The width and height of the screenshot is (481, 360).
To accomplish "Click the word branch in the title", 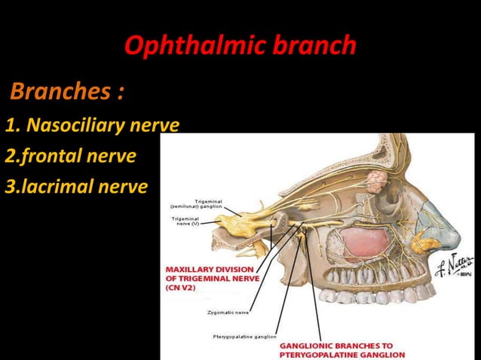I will click(316, 47).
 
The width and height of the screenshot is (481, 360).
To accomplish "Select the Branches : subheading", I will click(66, 93).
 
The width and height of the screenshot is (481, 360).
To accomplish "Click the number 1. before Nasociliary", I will click(11, 124).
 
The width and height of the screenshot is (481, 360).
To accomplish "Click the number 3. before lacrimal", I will click(11, 186).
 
